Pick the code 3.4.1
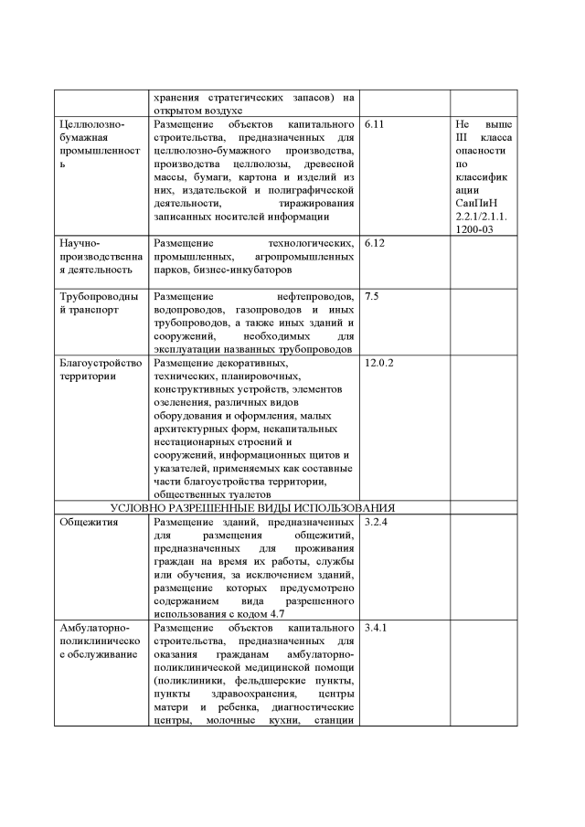(378, 630)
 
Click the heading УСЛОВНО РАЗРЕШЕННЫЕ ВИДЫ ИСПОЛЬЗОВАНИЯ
(252, 507)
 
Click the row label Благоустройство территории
(99, 369)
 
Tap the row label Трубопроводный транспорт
(99, 303)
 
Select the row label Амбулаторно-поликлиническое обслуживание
(99, 642)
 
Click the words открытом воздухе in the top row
(197, 110)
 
